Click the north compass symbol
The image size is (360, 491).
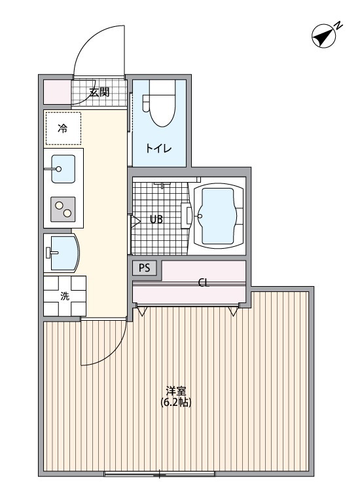click(323, 36)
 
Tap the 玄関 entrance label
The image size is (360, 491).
click(99, 92)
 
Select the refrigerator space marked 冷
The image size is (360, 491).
click(63, 128)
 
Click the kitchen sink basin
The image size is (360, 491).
click(63, 169)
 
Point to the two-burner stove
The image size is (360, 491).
click(63, 209)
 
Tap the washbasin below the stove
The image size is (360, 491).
click(62, 253)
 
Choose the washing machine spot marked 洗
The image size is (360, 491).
click(65, 296)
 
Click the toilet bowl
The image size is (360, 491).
click(162, 103)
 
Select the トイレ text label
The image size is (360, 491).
click(158, 148)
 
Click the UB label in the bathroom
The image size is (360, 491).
click(156, 219)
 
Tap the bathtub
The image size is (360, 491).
click(219, 216)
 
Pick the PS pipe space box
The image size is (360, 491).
click(144, 268)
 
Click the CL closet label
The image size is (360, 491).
click(204, 283)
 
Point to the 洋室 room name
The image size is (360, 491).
click(175, 391)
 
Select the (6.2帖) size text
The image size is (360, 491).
click(175, 402)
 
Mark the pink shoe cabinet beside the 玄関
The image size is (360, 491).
click(57, 92)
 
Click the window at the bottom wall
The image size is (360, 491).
click(159, 474)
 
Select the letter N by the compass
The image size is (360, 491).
click(338, 26)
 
